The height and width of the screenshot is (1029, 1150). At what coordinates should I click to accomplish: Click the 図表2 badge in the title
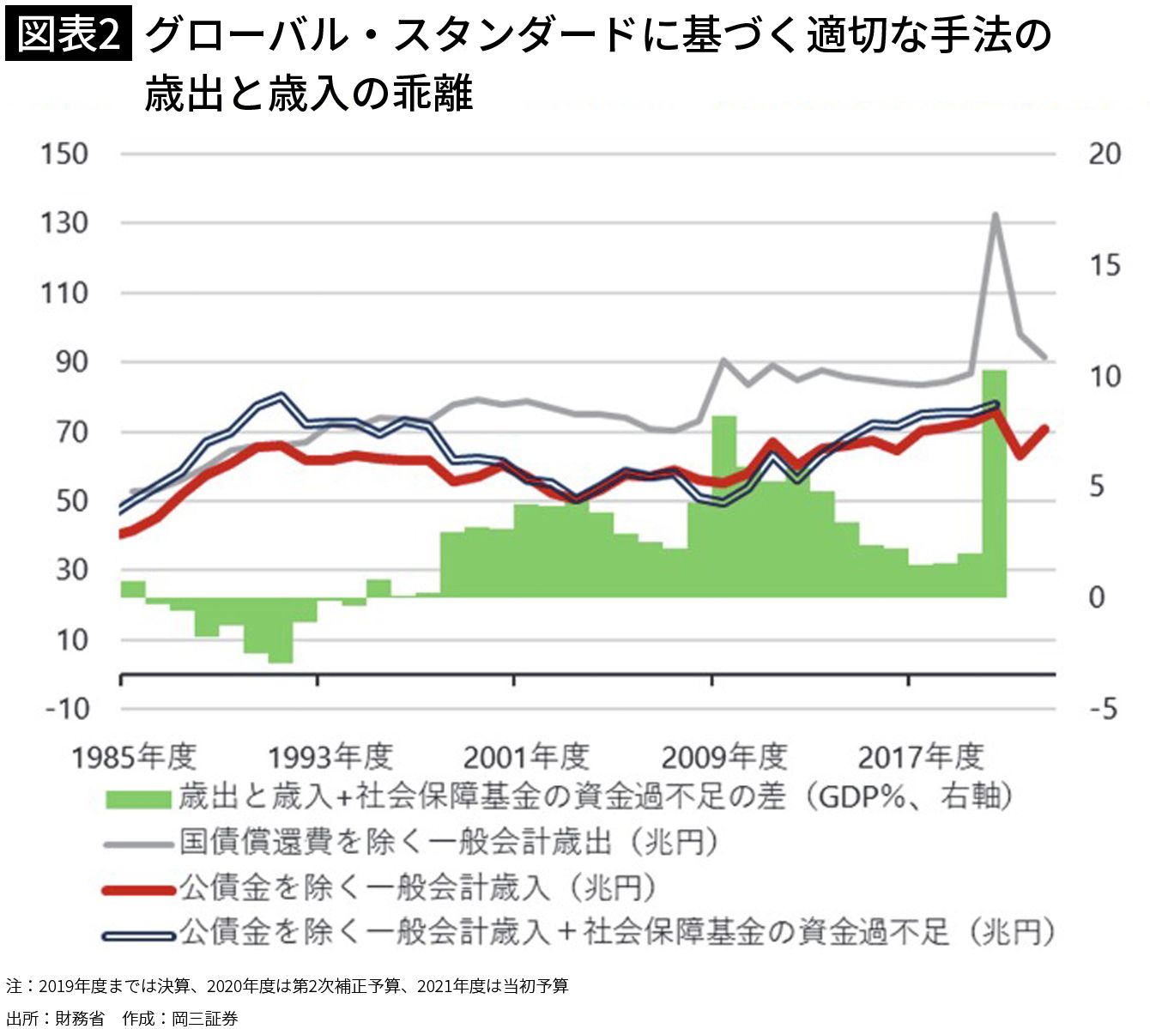tap(69, 36)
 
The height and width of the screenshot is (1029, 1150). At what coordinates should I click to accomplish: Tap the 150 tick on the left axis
tap(64, 154)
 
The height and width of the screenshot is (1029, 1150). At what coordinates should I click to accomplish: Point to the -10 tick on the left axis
tap(65, 709)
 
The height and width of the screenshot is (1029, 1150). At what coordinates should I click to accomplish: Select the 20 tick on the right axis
tap(1104, 154)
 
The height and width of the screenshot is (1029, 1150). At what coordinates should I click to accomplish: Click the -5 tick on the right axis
tap(1103, 709)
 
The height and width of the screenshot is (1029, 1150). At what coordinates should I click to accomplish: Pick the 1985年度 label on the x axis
tap(133, 757)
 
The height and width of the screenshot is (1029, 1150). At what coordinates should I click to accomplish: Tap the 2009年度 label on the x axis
tap(723, 757)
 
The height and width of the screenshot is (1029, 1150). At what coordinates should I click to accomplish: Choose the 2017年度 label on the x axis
tap(920, 757)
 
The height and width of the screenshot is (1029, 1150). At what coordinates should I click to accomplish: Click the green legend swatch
tap(138, 798)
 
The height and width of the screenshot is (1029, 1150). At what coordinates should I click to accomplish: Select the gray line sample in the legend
tap(138, 844)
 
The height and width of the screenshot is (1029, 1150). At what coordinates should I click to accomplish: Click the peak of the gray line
tap(995, 215)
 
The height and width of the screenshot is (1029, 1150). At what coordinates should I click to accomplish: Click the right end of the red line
tap(1044, 428)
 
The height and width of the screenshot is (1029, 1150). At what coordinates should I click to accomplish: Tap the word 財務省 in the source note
tap(79, 1018)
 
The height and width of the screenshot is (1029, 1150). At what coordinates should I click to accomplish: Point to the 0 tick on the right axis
tap(1096, 597)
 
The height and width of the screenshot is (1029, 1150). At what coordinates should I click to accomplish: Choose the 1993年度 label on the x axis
tap(330, 757)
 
